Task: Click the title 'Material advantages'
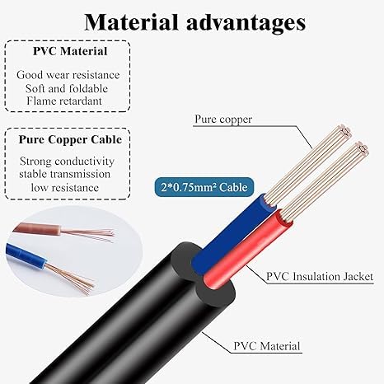[194, 22]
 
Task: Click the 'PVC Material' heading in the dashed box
[70, 51]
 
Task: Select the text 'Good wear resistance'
[68, 75]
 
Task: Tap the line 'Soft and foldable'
[67, 88]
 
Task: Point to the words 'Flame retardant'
[64, 101]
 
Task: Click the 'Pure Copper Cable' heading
[70, 139]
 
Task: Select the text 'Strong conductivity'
[67, 162]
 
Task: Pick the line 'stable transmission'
[65, 174]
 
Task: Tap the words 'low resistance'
[65, 188]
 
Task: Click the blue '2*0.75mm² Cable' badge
[204, 187]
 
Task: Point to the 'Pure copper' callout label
[223, 119]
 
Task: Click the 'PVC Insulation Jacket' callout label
[320, 276]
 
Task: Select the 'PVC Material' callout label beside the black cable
[267, 346]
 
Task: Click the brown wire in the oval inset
[38, 229]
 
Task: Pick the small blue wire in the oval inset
[26, 256]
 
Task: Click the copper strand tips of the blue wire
[345, 132]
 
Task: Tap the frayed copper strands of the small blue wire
[70, 278]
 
